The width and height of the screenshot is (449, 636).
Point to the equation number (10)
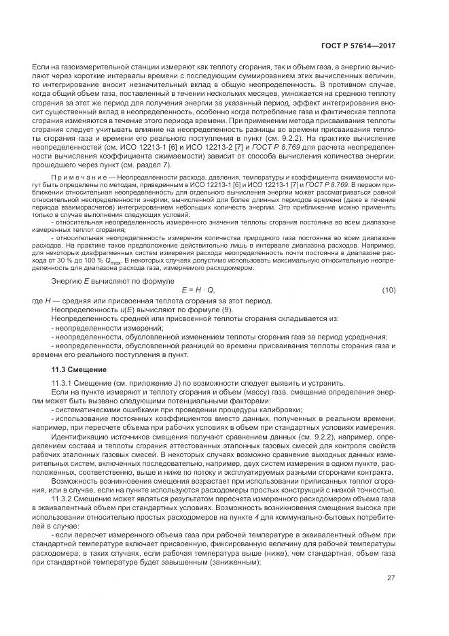pos(389,290)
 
